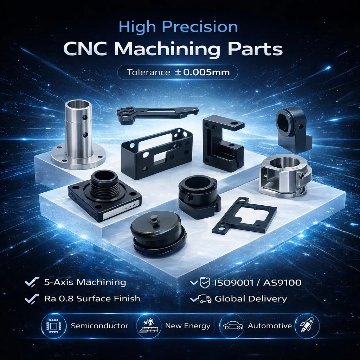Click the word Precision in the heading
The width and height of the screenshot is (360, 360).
pyautogui.click(x=200, y=27)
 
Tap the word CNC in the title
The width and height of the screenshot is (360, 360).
pyautogui.click(x=86, y=49)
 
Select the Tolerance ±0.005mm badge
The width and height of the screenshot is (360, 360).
pyautogui.click(x=178, y=72)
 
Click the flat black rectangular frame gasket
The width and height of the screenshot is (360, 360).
pyautogui.click(x=244, y=215)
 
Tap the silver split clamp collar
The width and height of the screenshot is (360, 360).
pyautogui.click(x=285, y=176)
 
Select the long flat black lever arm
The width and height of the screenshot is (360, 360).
pyautogui.click(x=157, y=115)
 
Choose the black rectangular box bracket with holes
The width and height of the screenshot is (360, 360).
pyautogui.click(x=156, y=153)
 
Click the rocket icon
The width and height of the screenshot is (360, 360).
pyautogui.click(x=307, y=326)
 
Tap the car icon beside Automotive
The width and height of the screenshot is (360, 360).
pyautogui.click(x=233, y=326)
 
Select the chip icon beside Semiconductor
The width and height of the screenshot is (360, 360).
pyautogui.click(x=53, y=326)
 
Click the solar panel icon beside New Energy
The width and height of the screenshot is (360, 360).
pyautogui.click(x=149, y=326)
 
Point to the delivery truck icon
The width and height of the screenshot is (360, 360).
pyautogui.click(x=205, y=299)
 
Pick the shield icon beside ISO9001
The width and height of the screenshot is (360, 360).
pyautogui.click(x=205, y=283)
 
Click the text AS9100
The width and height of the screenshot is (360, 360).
pyautogui.click(x=282, y=283)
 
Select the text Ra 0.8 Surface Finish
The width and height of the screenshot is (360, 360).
pyautogui.click(x=92, y=299)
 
